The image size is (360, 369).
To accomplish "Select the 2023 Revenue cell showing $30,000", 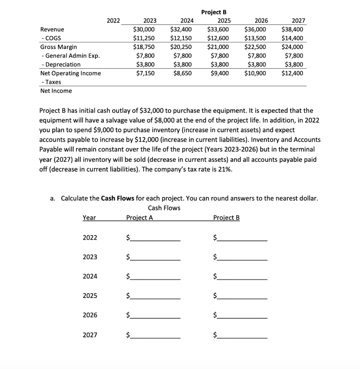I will (x=144, y=30).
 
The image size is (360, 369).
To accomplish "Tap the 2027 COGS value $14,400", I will (x=292, y=38).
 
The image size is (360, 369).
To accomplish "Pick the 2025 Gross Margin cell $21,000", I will (x=218, y=47).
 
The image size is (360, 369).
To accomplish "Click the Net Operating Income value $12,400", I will (x=292, y=73).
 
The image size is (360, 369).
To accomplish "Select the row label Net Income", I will (x=56, y=91).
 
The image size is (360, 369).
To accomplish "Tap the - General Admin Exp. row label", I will (x=70, y=56).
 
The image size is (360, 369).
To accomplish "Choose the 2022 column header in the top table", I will (x=114, y=21).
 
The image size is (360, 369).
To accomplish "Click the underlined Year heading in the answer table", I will (x=89, y=218).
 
